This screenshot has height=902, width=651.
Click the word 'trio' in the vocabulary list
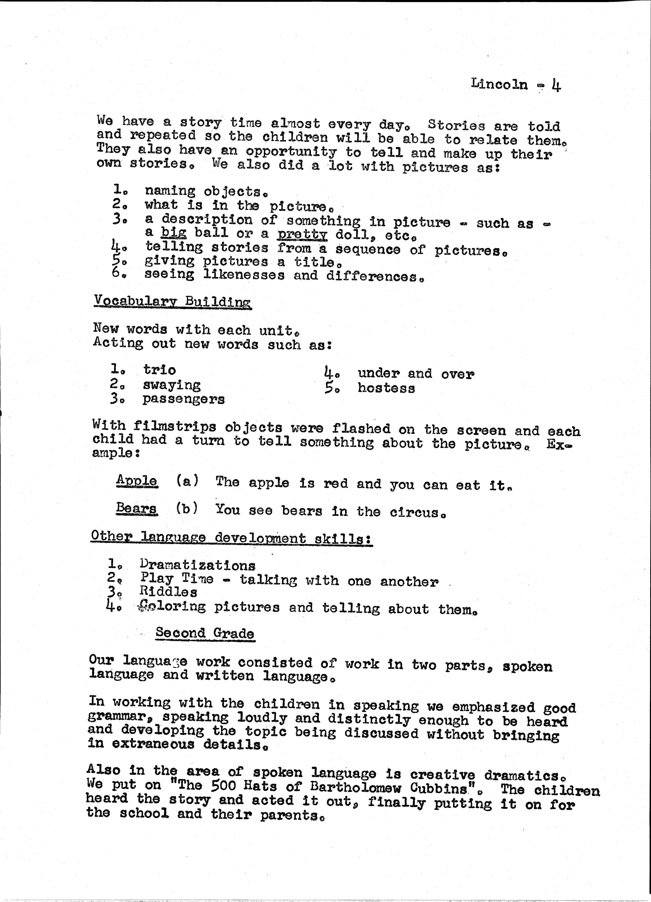point(160,370)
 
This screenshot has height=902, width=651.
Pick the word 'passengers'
point(184,399)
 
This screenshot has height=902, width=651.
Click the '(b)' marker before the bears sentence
point(187,509)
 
